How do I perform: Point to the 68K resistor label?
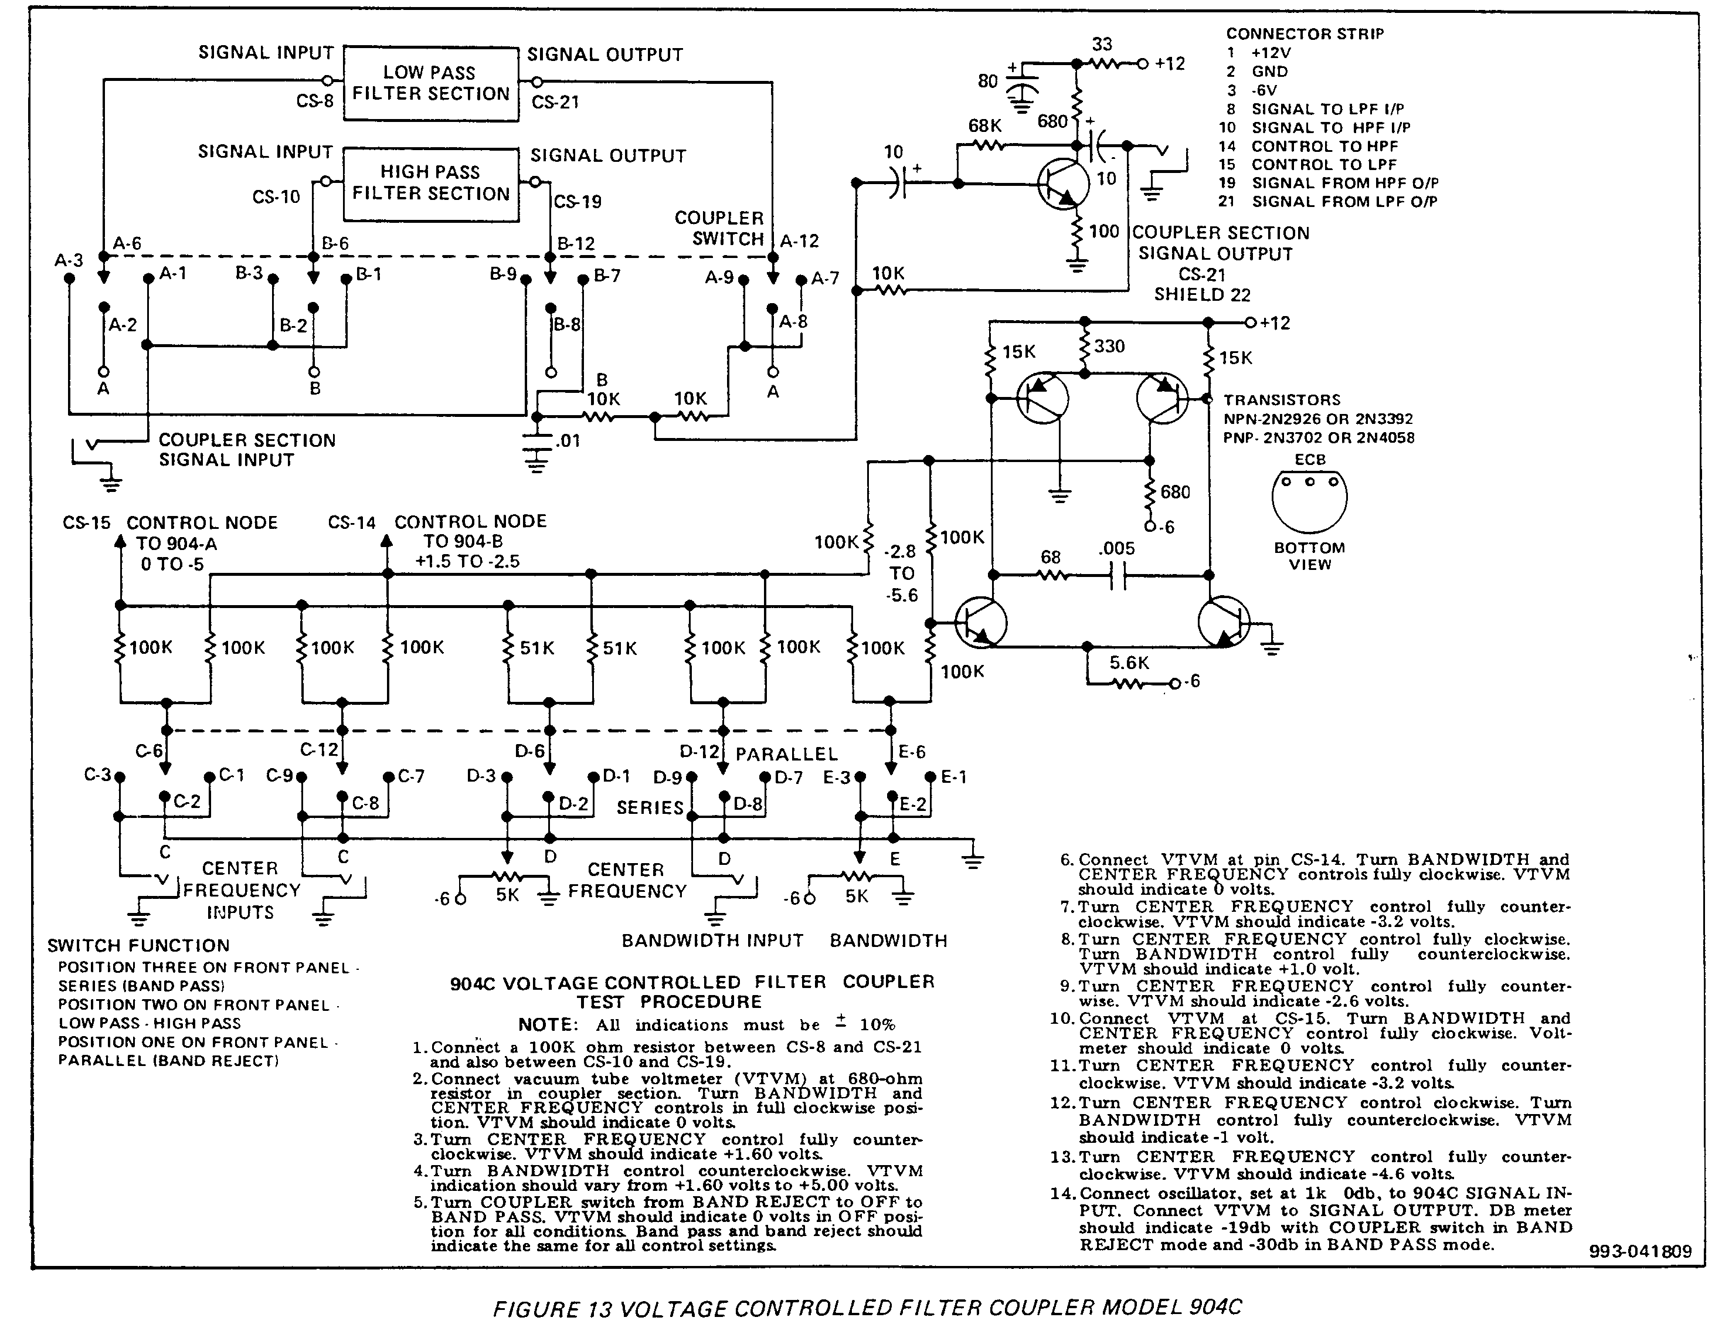[985, 125]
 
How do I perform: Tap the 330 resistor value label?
[1109, 346]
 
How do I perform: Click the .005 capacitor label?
[1116, 548]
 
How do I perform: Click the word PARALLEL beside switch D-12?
[786, 755]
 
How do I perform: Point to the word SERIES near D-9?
[650, 807]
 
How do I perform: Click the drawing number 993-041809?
[1640, 1251]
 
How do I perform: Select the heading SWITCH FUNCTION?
[139, 945]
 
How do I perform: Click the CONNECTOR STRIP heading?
[1305, 34]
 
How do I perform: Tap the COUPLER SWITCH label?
[719, 229]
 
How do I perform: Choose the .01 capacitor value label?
[568, 441]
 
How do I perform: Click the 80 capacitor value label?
[988, 81]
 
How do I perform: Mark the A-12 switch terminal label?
[800, 241]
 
